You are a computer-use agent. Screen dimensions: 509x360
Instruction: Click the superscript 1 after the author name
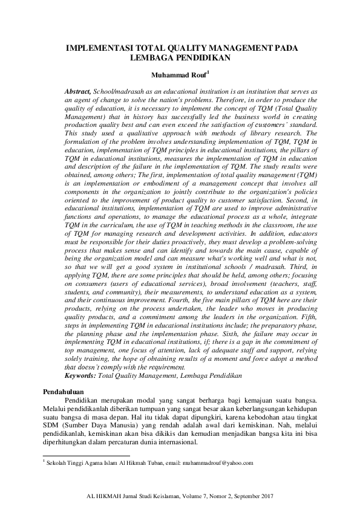coord(208,74)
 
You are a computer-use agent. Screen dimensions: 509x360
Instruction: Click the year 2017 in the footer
coord(266,496)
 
